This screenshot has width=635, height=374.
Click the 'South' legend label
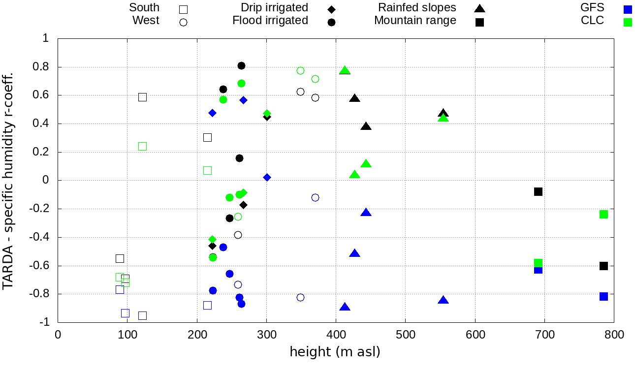(144, 8)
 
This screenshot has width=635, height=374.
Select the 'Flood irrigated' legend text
(270, 21)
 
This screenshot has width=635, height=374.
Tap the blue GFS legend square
(628, 9)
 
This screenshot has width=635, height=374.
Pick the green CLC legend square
(628, 22)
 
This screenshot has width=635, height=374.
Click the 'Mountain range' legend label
(415, 21)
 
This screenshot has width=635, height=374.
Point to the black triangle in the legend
(480, 8)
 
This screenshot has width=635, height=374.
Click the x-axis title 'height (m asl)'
(335, 352)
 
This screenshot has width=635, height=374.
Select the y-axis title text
(8, 181)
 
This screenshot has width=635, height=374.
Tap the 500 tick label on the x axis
(405, 335)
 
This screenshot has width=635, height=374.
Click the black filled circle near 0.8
(241, 66)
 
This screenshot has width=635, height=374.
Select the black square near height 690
(538, 191)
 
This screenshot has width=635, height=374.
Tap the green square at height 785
(603, 214)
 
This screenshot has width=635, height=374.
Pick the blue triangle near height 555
(444, 300)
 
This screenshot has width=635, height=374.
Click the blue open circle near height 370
(315, 197)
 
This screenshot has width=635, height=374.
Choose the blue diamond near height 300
(267, 177)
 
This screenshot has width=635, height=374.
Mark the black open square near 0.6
(142, 97)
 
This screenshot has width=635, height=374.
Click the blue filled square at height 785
(603, 296)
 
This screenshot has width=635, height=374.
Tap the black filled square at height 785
(603, 266)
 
